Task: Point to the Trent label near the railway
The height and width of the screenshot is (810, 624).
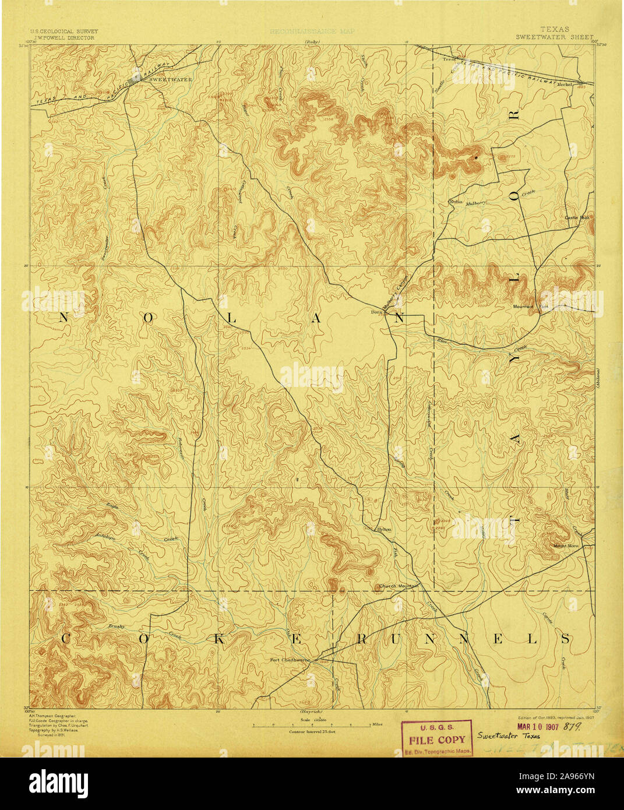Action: pos(449,59)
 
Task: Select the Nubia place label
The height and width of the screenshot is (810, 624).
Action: pos(456,202)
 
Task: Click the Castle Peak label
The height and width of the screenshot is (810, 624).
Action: pos(577,217)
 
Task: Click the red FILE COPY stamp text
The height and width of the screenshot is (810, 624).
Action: pos(436,740)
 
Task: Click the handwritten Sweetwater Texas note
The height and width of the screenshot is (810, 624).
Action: pos(508,735)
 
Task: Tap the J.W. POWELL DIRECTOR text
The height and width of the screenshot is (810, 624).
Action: pos(64,37)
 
